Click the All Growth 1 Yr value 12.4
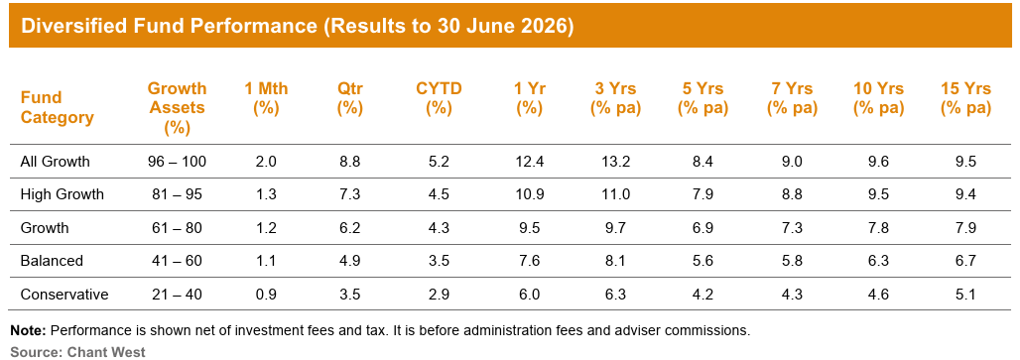point(529,161)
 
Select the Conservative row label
point(64,295)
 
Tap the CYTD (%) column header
point(439,98)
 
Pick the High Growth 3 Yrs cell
point(615,194)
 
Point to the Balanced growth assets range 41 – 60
point(177,261)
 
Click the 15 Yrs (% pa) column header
point(965,98)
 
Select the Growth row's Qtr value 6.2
point(349,227)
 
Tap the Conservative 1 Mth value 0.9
point(265,295)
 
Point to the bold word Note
point(27,330)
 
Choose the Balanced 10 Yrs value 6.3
point(878,261)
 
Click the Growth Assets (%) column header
point(177,108)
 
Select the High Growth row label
point(62,194)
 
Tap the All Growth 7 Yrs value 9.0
point(791,161)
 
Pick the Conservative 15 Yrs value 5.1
point(965,295)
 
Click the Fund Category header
point(58,108)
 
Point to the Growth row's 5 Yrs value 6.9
point(702,227)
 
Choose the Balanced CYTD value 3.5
point(439,261)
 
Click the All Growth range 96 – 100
point(177,161)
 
